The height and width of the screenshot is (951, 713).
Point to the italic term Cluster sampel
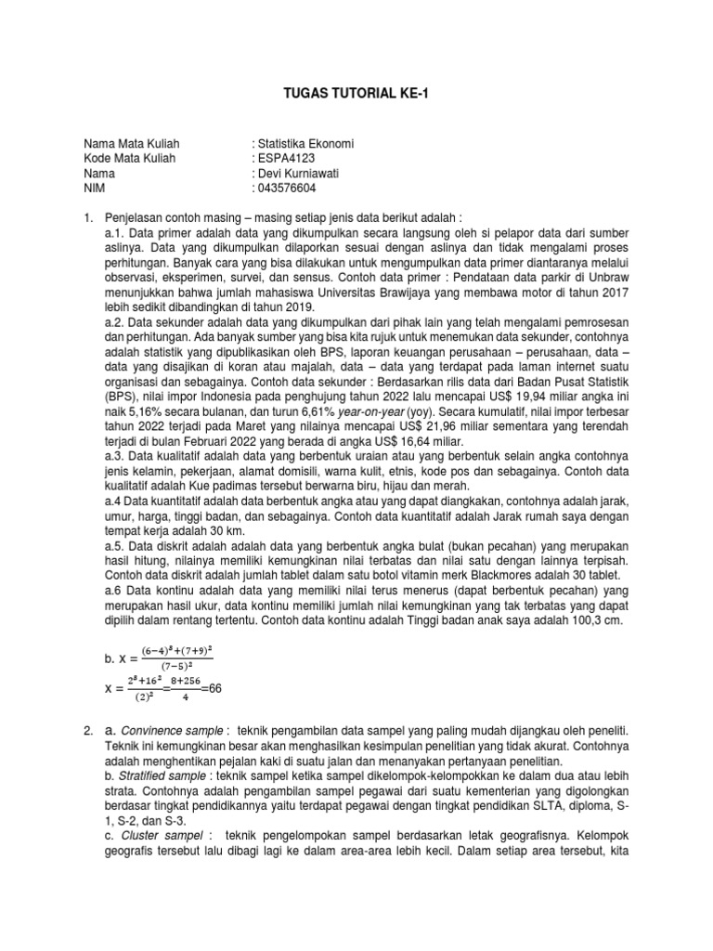point(146,835)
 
